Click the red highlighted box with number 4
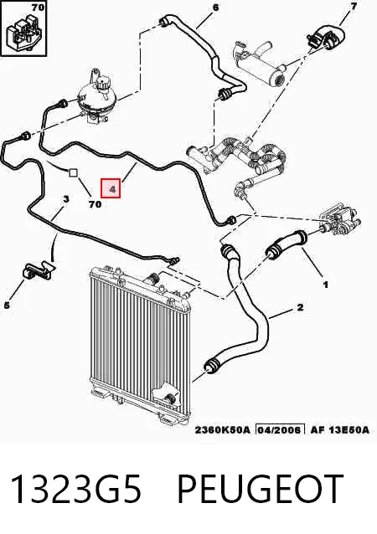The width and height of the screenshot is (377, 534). click(x=111, y=188)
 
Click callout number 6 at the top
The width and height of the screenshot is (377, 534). click(x=215, y=8)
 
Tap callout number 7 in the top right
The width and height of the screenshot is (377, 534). click(x=354, y=7)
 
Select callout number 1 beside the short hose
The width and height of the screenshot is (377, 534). click(x=326, y=285)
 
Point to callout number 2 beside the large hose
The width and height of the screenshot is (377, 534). click(x=300, y=307)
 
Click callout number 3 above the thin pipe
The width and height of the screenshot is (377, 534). click(x=66, y=199)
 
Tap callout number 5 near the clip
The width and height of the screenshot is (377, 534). click(x=7, y=306)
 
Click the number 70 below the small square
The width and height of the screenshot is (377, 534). click(x=96, y=204)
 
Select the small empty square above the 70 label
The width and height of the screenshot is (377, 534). click(x=74, y=172)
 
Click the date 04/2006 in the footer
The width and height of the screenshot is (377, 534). click(x=280, y=429)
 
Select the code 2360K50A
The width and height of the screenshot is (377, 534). click(x=222, y=429)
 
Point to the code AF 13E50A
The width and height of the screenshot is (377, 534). click(x=339, y=429)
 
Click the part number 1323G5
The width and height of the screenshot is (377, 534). click(x=75, y=489)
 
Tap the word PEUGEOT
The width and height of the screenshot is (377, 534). click(x=260, y=489)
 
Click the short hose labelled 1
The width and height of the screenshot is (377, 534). click(x=287, y=244)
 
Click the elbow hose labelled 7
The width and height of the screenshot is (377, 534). click(x=327, y=37)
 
